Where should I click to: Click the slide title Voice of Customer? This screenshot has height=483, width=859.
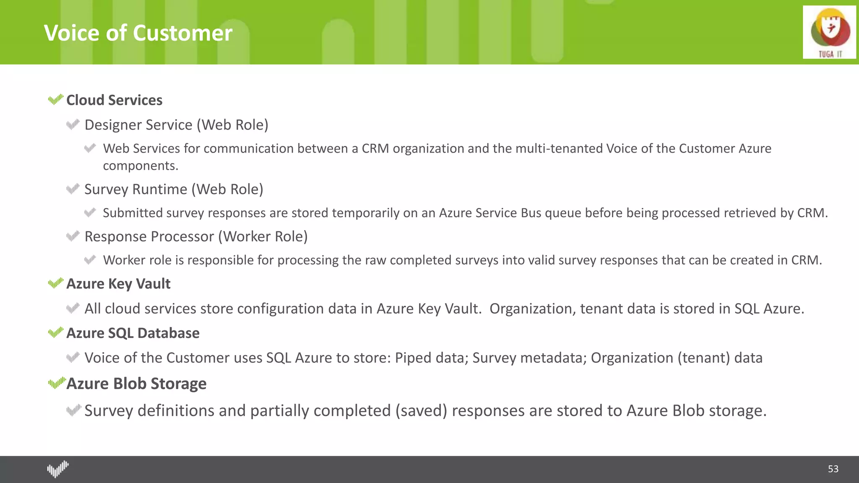(x=138, y=33)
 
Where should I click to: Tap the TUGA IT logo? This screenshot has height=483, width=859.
(x=829, y=32)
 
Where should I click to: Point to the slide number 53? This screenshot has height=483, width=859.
(x=833, y=469)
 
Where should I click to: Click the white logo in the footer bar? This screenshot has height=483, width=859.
(x=57, y=469)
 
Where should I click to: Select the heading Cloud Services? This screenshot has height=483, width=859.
(x=114, y=100)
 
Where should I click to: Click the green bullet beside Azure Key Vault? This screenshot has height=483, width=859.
(x=55, y=283)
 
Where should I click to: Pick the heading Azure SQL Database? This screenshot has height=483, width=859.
(x=133, y=333)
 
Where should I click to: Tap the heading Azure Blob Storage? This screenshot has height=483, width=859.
(x=136, y=384)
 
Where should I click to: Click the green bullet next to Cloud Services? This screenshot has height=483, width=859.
(x=55, y=100)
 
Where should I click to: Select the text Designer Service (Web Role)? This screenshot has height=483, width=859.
(x=176, y=125)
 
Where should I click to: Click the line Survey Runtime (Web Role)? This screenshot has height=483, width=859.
(x=174, y=189)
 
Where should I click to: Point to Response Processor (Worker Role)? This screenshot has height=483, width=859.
(x=196, y=236)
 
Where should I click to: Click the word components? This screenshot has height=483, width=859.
(x=141, y=166)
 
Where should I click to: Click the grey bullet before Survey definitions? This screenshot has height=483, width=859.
(x=73, y=410)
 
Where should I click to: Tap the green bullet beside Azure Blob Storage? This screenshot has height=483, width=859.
(x=57, y=383)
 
